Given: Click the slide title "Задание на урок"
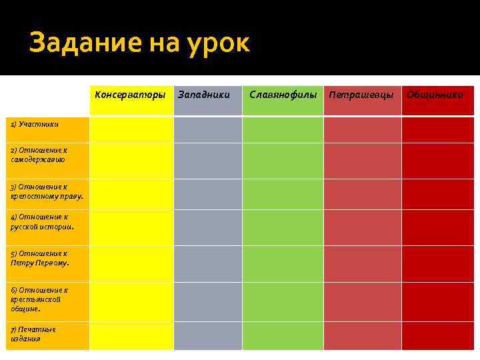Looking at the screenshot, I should (x=139, y=43).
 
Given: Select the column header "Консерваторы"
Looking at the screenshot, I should (x=130, y=95).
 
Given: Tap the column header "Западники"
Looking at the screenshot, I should (x=203, y=95).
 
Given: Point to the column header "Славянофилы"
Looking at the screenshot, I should (x=283, y=95).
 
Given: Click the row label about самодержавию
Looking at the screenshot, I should (x=39, y=155).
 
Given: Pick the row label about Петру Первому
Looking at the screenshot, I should (x=40, y=258).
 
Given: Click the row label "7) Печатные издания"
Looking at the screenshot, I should (x=33, y=334).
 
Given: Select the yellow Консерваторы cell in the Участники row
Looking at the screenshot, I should (x=131, y=129).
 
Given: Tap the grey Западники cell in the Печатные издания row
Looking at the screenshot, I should (x=208, y=336).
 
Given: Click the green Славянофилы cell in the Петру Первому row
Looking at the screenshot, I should (x=283, y=263).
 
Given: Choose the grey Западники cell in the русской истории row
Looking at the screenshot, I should (x=208, y=227).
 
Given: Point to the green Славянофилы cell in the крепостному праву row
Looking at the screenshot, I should (x=283, y=194).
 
